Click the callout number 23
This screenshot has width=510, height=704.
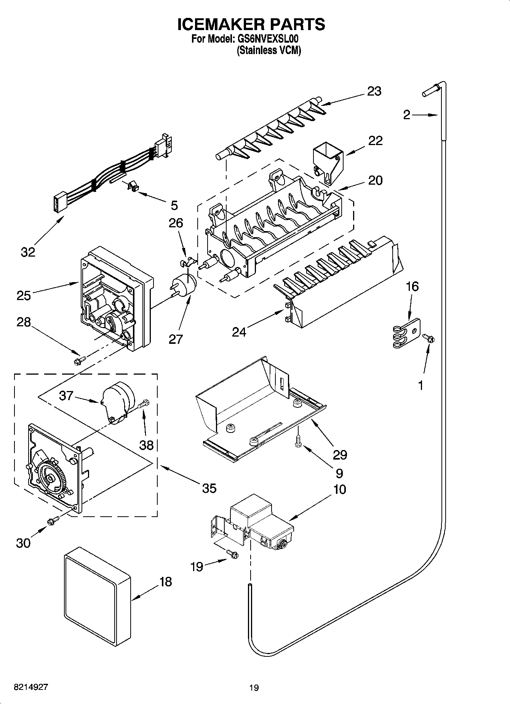pyautogui.click(x=374, y=91)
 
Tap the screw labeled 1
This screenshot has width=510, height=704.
pyautogui.click(x=428, y=338)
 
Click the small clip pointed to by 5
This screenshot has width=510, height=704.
pyautogui.click(x=131, y=187)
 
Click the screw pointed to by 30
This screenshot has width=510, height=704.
pyautogui.click(x=53, y=520)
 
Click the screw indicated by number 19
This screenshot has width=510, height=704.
pyautogui.click(x=232, y=554)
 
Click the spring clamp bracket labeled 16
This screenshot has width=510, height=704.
pyautogui.click(x=406, y=333)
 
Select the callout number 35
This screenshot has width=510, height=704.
pyautogui.click(x=209, y=488)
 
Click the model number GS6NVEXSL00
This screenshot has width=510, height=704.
pyautogui.click(x=269, y=38)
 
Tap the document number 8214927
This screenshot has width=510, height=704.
pyautogui.click(x=31, y=687)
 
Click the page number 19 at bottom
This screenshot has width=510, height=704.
pyautogui.click(x=254, y=688)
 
